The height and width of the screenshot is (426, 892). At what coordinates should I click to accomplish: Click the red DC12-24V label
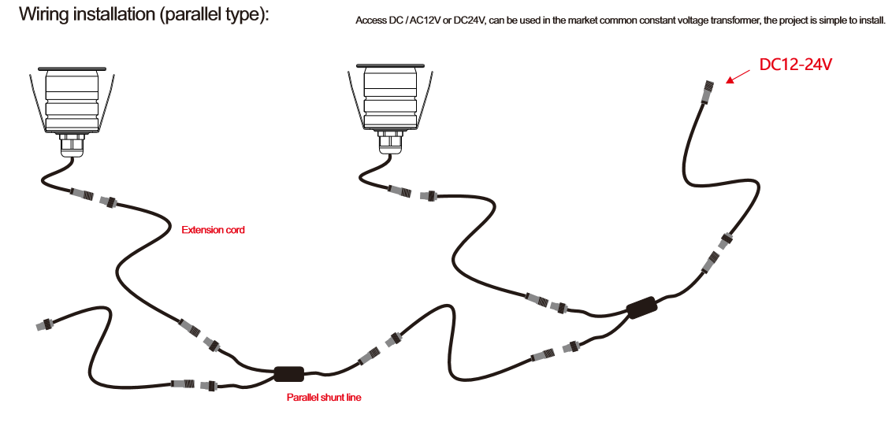(796, 65)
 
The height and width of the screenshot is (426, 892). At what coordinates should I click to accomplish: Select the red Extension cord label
(213, 231)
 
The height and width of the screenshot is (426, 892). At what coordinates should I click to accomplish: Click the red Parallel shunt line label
(324, 398)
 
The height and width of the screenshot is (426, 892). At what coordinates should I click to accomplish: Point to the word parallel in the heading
(191, 14)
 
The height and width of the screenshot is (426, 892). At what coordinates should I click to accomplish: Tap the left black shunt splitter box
(289, 374)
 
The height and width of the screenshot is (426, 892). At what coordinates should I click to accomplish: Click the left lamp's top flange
(72, 69)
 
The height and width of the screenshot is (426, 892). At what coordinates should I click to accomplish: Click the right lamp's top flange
(392, 65)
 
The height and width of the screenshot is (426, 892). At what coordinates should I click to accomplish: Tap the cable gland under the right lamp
(391, 142)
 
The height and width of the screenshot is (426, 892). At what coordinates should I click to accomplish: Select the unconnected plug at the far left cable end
(46, 326)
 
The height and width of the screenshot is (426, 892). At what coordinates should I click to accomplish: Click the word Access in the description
(369, 21)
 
